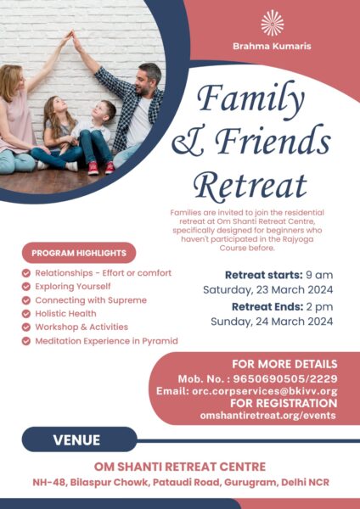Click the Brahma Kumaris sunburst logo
coord(273,23)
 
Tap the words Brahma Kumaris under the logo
coord(272,46)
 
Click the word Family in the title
coord(250,98)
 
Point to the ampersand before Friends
coord(188,143)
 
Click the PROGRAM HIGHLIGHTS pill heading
coord(79,253)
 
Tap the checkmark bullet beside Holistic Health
coord(26,314)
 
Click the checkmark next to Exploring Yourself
coord(26,287)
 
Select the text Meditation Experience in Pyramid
coord(107,341)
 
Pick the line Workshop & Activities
coord(82,327)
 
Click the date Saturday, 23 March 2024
coord(268,289)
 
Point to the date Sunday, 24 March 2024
coord(272,322)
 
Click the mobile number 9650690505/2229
coord(285,379)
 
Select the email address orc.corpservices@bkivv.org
coord(265,391)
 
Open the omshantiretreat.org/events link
coord(268,415)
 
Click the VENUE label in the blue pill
coord(76,440)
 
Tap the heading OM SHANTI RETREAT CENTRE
coord(180,467)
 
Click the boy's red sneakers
coord(101,168)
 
